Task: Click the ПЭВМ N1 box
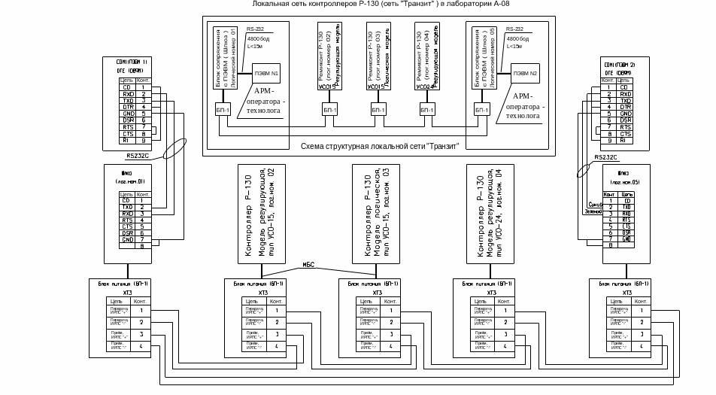(x=265, y=73)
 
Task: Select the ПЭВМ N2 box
(x=525, y=73)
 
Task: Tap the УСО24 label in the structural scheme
(x=425, y=87)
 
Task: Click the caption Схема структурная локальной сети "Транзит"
(x=379, y=147)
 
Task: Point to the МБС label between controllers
(x=308, y=263)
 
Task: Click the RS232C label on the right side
(x=607, y=157)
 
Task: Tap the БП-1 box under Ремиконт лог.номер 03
(x=377, y=111)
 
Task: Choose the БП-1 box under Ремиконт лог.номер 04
(x=426, y=111)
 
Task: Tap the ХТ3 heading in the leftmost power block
(x=127, y=293)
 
